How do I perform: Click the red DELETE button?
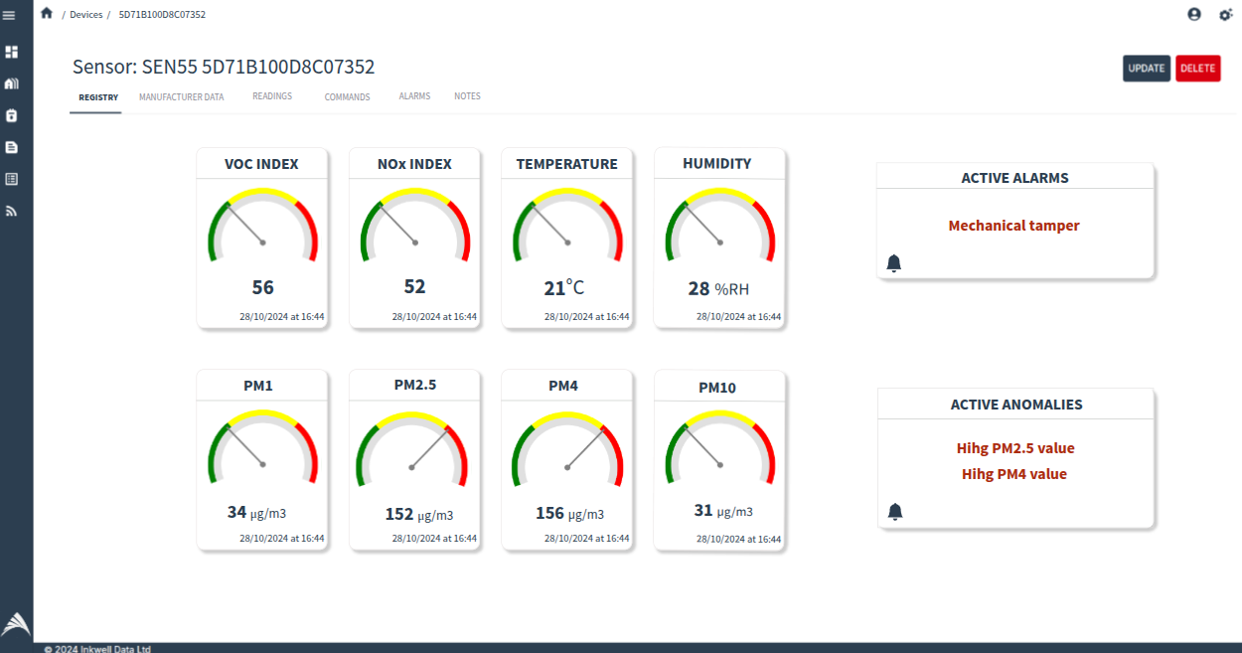[x=1197, y=69]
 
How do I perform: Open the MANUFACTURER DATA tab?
[x=181, y=97]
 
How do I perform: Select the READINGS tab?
[x=272, y=96]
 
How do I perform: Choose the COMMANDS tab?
[x=347, y=97]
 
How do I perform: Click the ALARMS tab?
[x=414, y=96]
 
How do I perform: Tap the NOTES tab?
[x=467, y=96]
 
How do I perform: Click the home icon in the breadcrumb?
[x=47, y=14]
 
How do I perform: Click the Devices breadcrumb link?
[x=85, y=15]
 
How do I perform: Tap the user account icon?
[x=1193, y=14]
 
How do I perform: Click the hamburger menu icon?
[x=10, y=15]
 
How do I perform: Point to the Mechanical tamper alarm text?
[x=1013, y=226]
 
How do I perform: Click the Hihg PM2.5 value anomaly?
[x=1014, y=448]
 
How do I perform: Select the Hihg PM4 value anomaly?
[x=1013, y=474]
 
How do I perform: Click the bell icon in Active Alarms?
[x=893, y=263]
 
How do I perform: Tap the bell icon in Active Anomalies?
[x=894, y=512]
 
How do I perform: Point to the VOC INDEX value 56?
[x=262, y=288]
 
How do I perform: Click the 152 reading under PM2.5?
[x=399, y=514]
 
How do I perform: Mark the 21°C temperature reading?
[x=563, y=288]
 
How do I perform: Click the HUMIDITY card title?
[x=716, y=164]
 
